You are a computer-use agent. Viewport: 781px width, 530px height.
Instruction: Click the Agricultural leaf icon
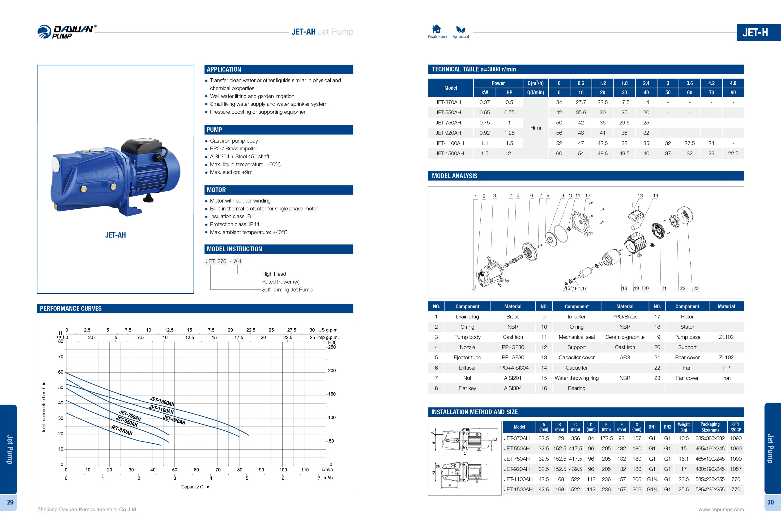pos(461,29)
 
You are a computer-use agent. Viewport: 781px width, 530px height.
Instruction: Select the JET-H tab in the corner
pos(755,32)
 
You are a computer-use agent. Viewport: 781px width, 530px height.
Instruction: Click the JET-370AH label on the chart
pos(121,430)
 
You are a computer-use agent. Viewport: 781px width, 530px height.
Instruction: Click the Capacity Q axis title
pos(192,487)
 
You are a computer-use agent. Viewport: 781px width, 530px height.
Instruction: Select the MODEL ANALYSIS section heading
pos(454,176)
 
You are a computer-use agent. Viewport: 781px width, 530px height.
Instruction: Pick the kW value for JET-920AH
pos(484,133)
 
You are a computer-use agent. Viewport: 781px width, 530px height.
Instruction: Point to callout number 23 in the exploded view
pos(696,288)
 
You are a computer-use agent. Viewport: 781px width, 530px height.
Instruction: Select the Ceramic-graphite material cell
pos(624,337)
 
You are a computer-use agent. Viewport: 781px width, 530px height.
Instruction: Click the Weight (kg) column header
pos(683,427)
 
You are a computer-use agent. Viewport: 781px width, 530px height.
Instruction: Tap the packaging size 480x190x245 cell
pos(710,469)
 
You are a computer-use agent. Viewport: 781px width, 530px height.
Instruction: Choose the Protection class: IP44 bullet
pos(234,224)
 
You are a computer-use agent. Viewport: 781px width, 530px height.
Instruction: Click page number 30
pos(770,502)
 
